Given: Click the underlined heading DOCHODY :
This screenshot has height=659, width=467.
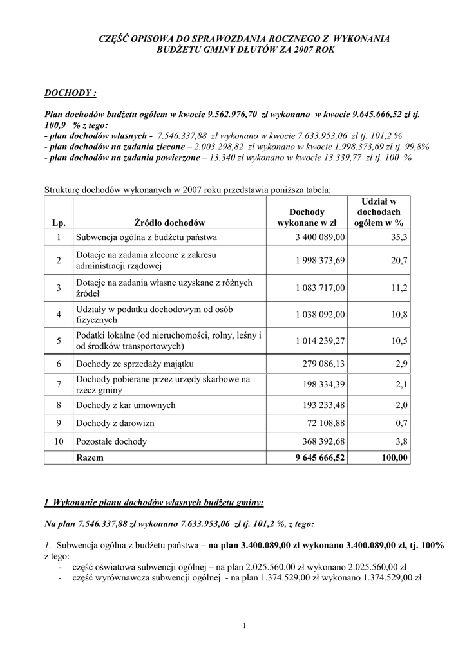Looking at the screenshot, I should click(x=70, y=93).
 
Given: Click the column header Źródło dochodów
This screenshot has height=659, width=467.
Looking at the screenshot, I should click(x=169, y=223).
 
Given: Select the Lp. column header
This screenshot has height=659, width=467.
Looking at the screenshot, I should click(x=59, y=223).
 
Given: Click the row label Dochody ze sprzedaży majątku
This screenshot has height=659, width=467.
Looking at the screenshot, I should click(x=135, y=364).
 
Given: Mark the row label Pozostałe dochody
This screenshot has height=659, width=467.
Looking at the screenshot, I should click(x=111, y=441).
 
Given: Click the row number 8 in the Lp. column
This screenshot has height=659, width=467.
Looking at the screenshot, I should click(x=59, y=405).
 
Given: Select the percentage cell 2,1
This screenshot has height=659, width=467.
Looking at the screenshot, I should click(x=402, y=384).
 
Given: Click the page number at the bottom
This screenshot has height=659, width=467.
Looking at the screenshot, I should click(x=245, y=626).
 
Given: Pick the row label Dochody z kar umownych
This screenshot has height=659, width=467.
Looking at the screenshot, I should click(x=126, y=405).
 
